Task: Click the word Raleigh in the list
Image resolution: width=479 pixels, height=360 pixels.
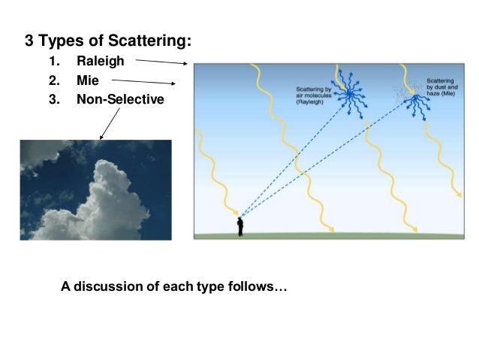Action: coord(100,61)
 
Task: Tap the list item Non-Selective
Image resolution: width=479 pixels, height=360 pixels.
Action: coord(119,98)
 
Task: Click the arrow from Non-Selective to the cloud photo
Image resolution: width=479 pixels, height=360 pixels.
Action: coord(110,123)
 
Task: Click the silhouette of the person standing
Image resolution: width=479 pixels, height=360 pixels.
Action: coord(240,225)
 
